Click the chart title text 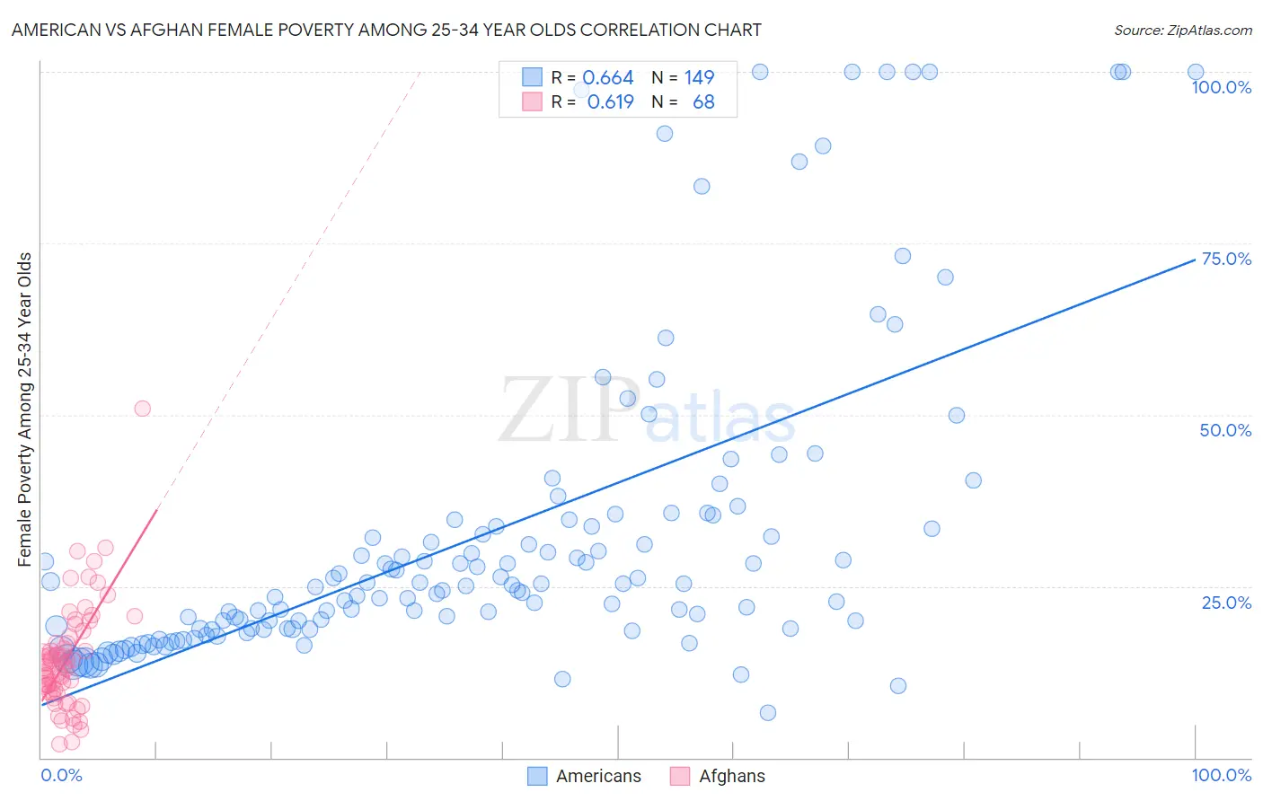(x=386, y=30)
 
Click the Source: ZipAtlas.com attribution (x=1182, y=30)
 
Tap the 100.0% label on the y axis (x=1221, y=87)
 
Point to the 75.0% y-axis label (x=1226, y=259)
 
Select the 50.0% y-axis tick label (x=1225, y=430)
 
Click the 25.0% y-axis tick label (x=1226, y=603)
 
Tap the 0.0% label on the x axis (x=61, y=775)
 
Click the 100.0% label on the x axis (x=1221, y=775)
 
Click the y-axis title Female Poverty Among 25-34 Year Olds (x=25, y=409)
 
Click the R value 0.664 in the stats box (x=608, y=78)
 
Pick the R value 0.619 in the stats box (x=610, y=102)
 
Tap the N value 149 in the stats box (x=699, y=78)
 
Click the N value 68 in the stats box (x=703, y=102)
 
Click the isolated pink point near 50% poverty (x=142, y=409)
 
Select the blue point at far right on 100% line (x=1196, y=72)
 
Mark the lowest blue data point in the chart (x=768, y=713)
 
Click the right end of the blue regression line (x=1195, y=260)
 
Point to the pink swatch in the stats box (x=532, y=102)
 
